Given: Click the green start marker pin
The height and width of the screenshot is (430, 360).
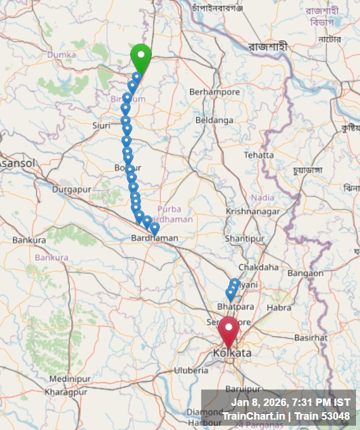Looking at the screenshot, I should tap(140, 56).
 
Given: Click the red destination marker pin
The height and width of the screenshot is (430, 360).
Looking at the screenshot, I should tap(228, 329).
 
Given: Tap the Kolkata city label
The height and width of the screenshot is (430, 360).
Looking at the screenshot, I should tap(232, 353).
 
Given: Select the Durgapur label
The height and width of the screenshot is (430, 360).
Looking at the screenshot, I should tap(72, 189).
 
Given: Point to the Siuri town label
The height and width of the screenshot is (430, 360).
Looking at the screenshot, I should tap(101, 125).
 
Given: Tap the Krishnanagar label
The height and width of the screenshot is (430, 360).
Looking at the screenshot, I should tap(253, 211).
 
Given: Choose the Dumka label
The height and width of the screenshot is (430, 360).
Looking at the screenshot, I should tap(62, 54).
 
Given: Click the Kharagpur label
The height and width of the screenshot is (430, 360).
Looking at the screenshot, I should tap(66, 392).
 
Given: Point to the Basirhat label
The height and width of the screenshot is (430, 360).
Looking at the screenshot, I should tap(311, 338).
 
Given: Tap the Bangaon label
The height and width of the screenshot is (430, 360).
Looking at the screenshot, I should tap(306, 273).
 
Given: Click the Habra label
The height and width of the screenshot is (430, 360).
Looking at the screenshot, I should tap(279, 308).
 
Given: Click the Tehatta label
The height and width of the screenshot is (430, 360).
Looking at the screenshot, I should tap(259, 155).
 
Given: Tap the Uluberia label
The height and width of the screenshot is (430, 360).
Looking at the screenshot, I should tap(191, 370).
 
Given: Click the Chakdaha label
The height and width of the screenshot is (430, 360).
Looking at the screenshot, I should tap(259, 267).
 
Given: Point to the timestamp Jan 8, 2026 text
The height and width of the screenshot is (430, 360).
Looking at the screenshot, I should tap(291, 402).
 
